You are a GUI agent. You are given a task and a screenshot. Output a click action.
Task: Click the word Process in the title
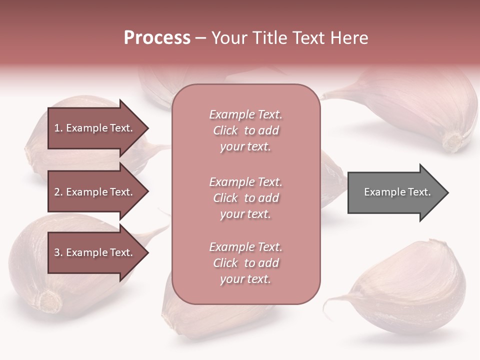click(156, 38)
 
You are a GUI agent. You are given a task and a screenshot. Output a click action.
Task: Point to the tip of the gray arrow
click(447, 192)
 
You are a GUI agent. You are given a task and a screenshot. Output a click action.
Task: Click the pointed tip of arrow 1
click(147, 128)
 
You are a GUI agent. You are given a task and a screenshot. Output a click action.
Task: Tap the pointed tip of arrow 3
click(147, 252)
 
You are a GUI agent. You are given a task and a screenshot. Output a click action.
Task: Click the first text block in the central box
click(245, 130)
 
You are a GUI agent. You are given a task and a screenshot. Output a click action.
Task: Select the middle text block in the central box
click(245, 197)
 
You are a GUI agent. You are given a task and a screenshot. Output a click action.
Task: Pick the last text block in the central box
click(245, 263)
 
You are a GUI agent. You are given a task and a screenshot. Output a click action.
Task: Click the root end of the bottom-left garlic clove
click(50, 300)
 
